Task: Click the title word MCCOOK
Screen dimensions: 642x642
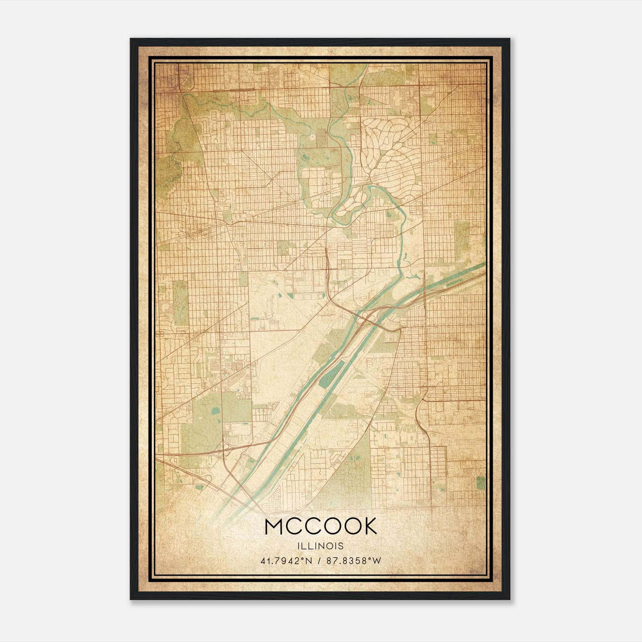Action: [x=321, y=526]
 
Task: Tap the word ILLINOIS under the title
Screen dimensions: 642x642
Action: [x=321, y=546]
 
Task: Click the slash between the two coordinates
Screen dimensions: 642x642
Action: [x=319, y=561]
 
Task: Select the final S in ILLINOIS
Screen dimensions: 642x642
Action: [x=341, y=546]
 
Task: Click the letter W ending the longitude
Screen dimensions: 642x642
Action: [x=377, y=561]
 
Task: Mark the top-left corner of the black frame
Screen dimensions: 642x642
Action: [x=131, y=39]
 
